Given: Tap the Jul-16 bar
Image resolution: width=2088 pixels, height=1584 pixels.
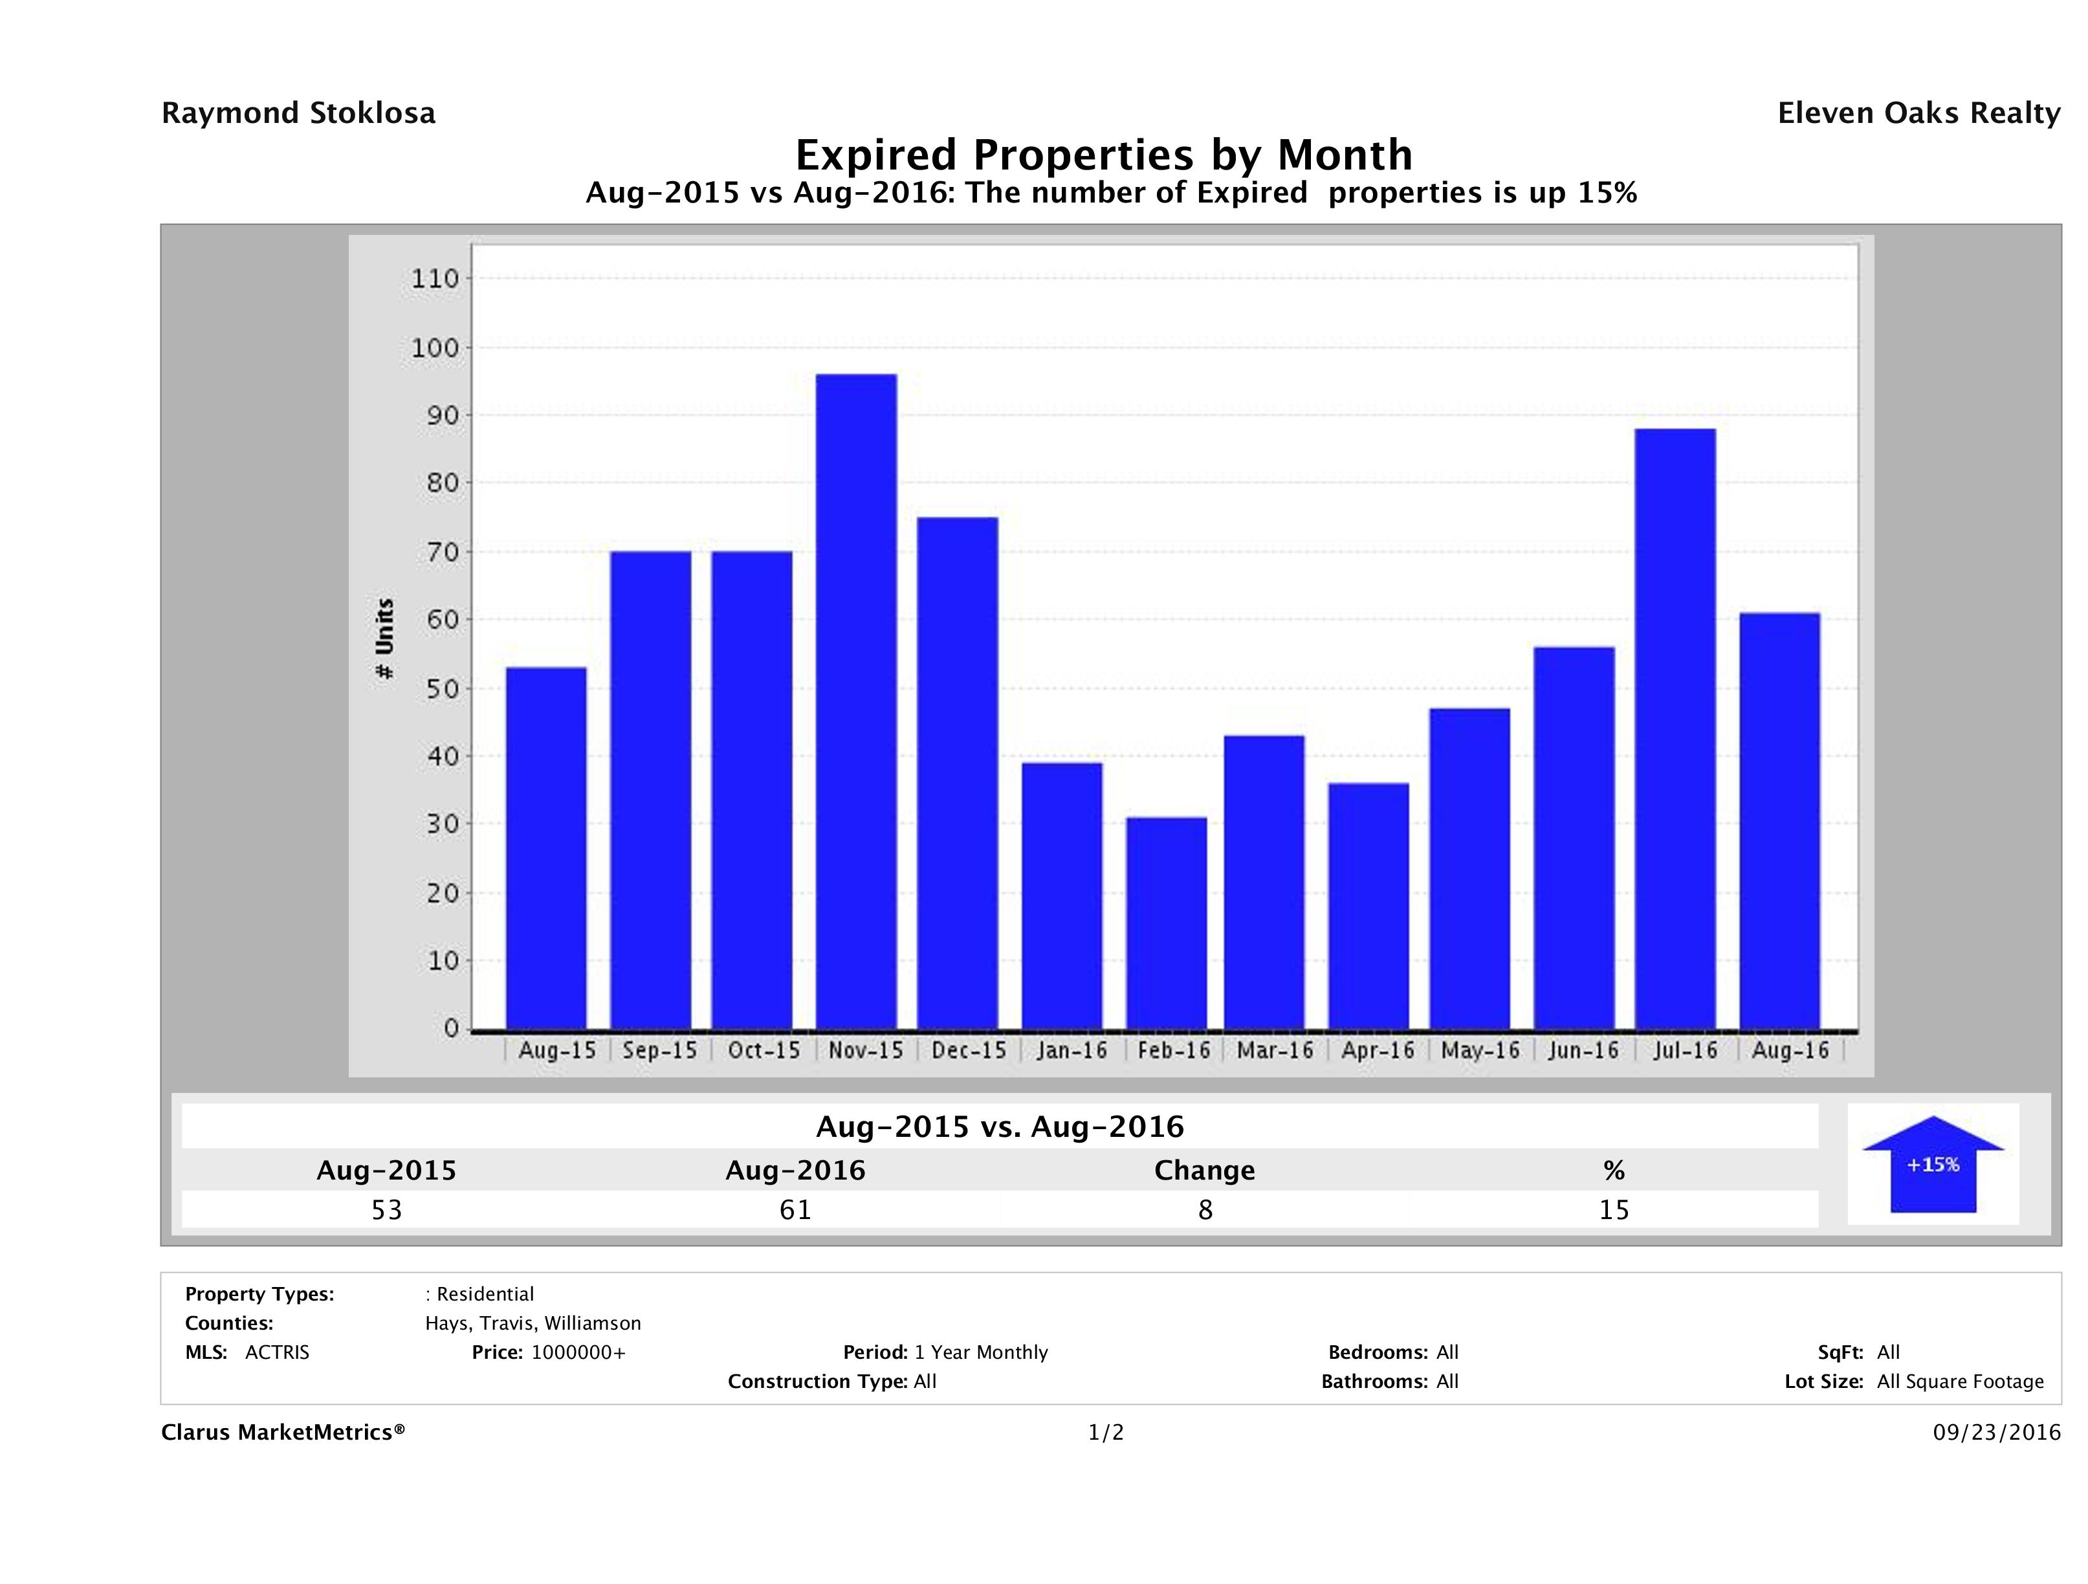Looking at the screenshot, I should click(x=1675, y=729).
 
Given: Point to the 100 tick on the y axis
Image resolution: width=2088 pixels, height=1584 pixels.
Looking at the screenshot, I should click(x=434, y=348).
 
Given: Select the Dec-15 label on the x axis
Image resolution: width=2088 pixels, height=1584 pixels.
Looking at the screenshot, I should click(x=969, y=1051).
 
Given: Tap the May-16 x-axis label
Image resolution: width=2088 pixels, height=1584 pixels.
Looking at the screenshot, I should click(x=1480, y=1051).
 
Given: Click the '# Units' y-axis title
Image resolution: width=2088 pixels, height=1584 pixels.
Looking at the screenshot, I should click(x=384, y=639).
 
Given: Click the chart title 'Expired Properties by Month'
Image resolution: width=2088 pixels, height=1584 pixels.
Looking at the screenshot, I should click(x=1103, y=154).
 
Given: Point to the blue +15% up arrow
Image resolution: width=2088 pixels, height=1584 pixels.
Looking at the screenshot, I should click(x=1932, y=1164).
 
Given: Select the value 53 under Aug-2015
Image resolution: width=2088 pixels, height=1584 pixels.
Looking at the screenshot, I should click(x=386, y=1209).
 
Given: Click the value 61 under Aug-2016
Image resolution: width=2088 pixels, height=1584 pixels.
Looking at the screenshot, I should click(x=795, y=1209).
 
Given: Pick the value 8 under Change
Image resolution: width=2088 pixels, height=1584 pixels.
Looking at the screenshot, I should click(x=1205, y=1209).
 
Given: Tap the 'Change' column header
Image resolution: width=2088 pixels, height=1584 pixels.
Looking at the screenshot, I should click(x=1205, y=1171).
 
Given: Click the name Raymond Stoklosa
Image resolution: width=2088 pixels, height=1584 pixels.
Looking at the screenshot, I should click(x=298, y=113).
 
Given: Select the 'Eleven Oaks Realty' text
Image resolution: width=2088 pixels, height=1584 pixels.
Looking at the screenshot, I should click(x=1918, y=113).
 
